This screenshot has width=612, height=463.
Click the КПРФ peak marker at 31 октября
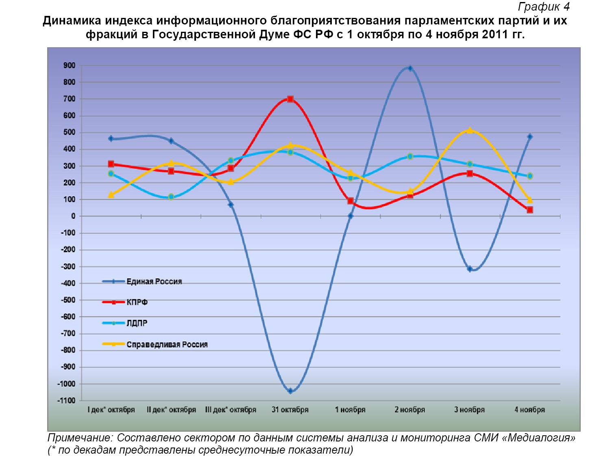click(x=290, y=99)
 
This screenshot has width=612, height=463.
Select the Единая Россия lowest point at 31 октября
click(x=290, y=391)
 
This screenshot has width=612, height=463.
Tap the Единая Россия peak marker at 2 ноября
click(x=410, y=68)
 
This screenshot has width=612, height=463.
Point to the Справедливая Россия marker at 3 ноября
click(x=470, y=130)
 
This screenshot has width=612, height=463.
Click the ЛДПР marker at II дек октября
click(x=171, y=197)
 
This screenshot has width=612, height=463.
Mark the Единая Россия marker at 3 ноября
click(x=470, y=269)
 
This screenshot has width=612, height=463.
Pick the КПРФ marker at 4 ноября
click(x=529, y=210)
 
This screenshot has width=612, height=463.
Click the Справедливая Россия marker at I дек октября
click(x=111, y=195)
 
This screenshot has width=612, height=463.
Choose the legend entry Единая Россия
click(x=154, y=281)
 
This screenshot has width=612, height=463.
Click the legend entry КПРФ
click(x=137, y=302)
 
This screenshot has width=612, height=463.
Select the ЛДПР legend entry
click(x=137, y=323)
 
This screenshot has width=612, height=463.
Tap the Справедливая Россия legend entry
click(x=167, y=345)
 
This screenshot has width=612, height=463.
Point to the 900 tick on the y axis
click(x=69, y=66)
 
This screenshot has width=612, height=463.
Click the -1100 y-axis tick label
click(x=66, y=400)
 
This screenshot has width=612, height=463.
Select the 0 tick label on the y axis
click(x=73, y=216)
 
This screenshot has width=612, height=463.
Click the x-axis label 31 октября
click(x=290, y=410)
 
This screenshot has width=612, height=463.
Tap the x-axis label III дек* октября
click(x=231, y=410)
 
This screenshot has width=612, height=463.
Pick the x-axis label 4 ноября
click(x=529, y=410)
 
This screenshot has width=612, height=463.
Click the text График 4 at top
click(x=544, y=7)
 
